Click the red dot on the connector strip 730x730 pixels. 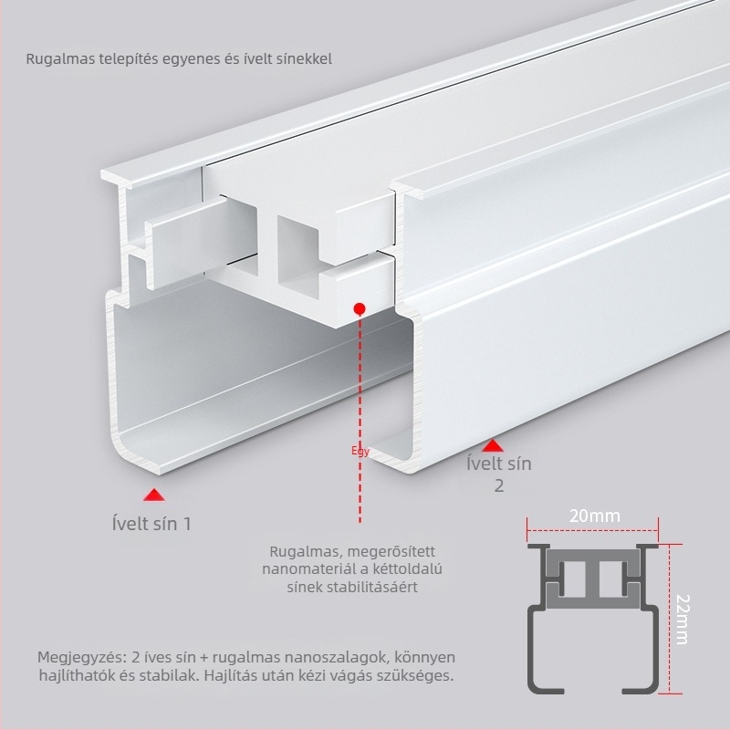[x=360, y=308]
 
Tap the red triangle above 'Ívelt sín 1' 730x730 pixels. [x=154, y=495]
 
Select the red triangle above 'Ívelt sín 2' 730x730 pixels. [x=493, y=446]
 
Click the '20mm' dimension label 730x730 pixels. [x=595, y=516]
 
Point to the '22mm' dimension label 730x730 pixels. [x=682, y=620]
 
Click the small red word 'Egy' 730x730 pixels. [x=360, y=451]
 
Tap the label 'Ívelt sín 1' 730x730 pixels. [x=151, y=524]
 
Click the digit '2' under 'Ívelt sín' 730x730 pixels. [x=498, y=485]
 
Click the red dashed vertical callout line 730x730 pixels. [x=360, y=418]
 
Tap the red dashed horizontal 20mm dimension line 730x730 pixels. [x=592, y=530]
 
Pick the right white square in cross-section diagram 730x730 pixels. [x=610, y=579]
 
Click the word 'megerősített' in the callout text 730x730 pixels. [x=391, y=552]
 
